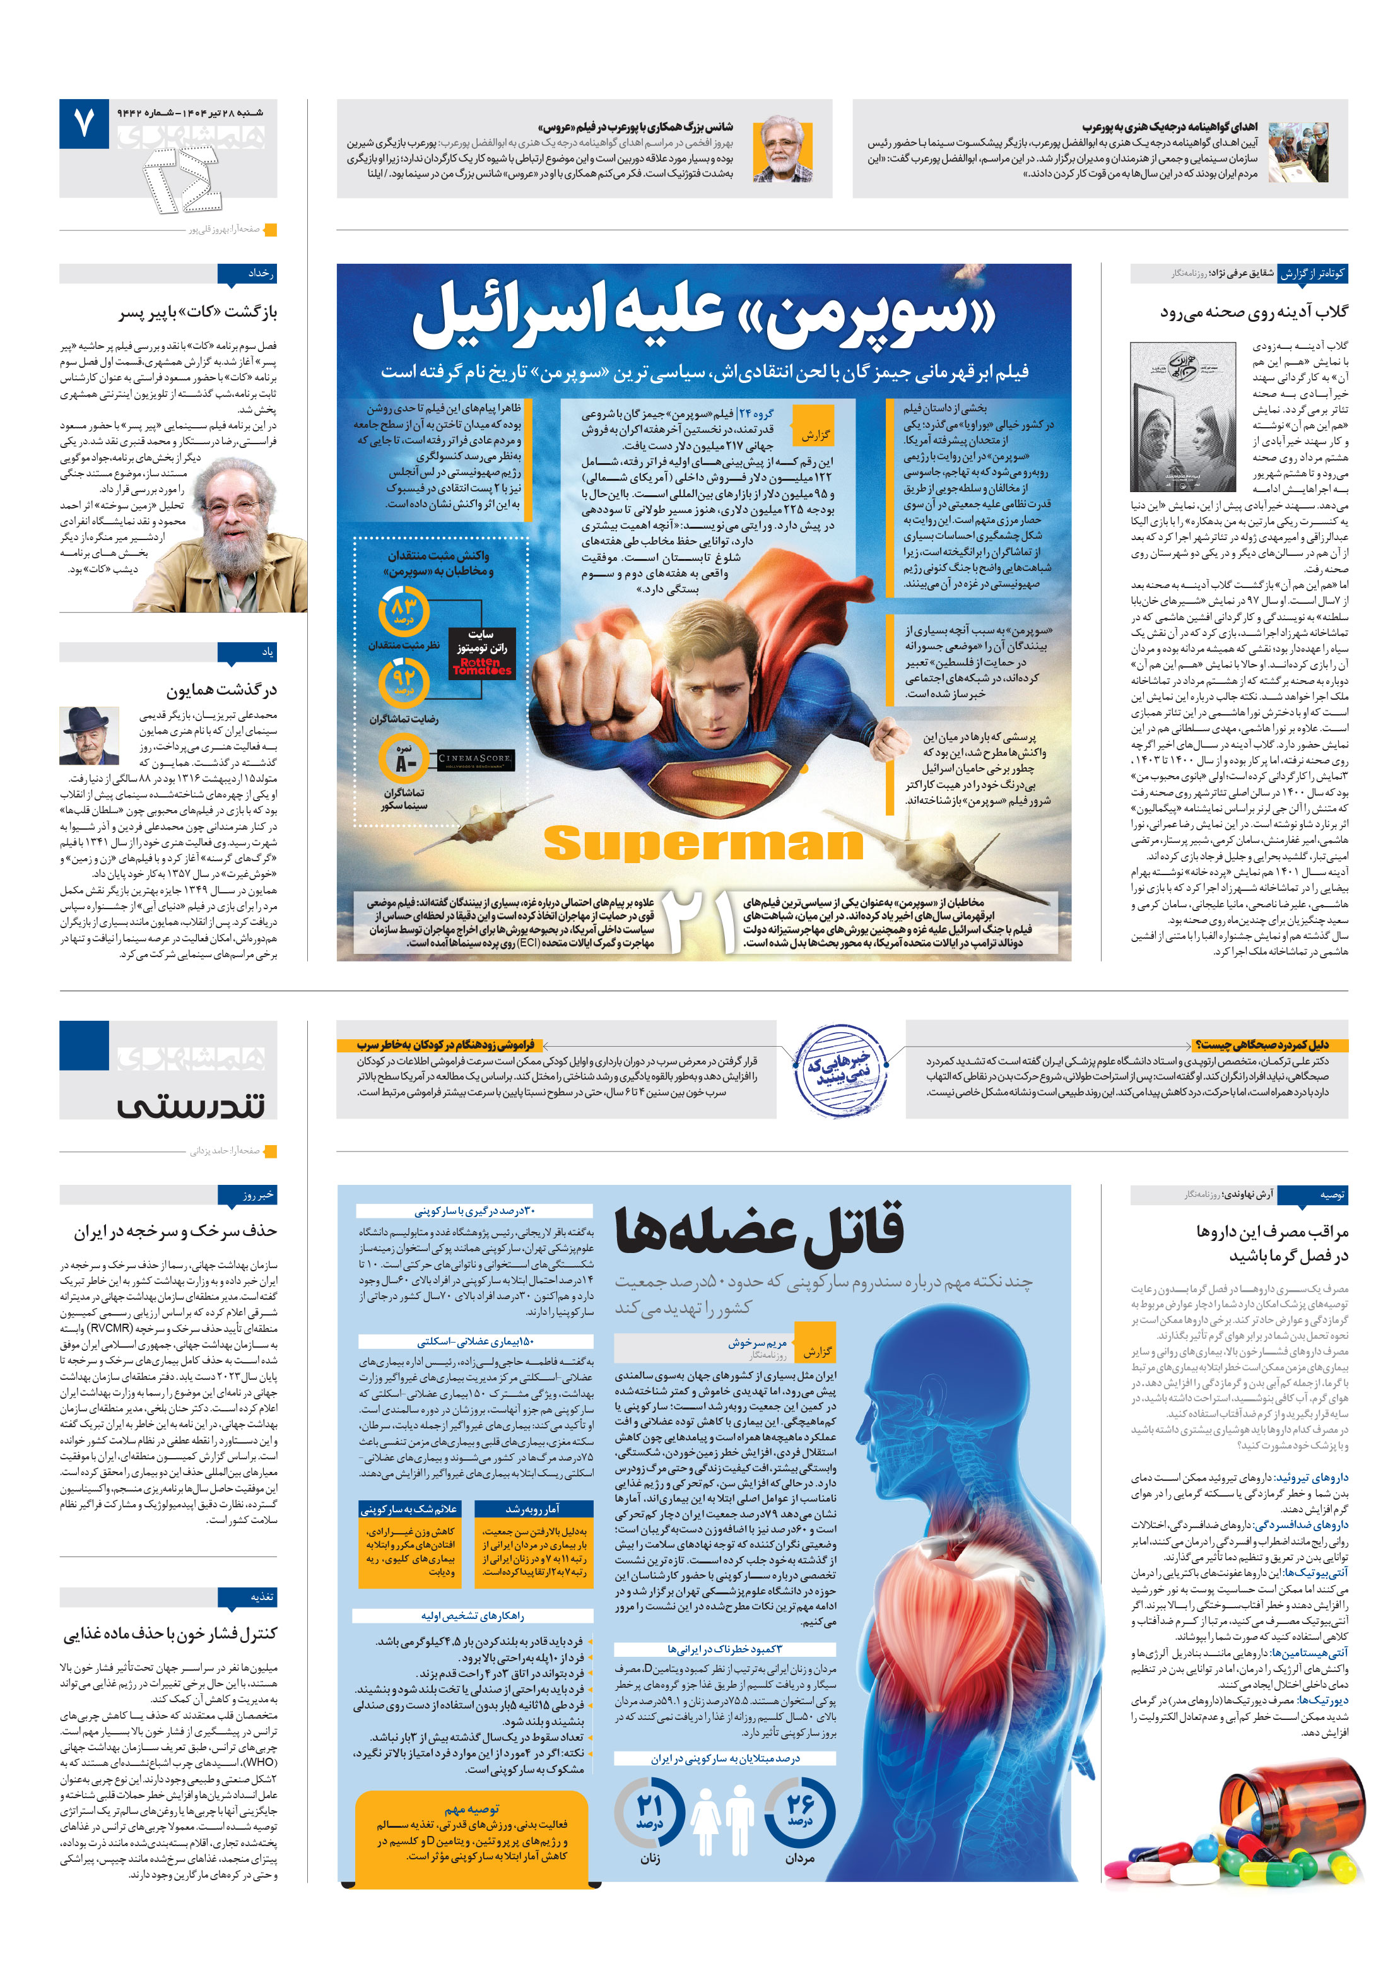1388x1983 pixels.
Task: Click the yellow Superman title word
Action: click(x=702, y=843)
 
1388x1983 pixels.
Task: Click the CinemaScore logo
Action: click(x=474, y=760)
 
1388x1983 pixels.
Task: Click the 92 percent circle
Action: click(x=403, y=682)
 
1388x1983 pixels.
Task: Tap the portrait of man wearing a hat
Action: click(x=88, y=735)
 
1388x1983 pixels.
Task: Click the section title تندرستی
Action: click(x=191, y=1105)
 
